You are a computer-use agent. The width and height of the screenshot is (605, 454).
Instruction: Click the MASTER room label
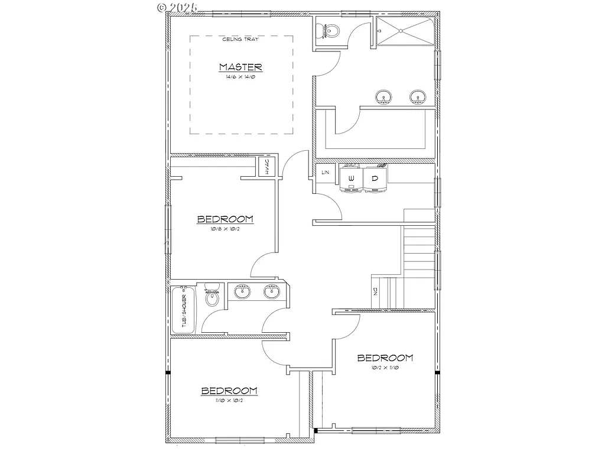coord(240,67)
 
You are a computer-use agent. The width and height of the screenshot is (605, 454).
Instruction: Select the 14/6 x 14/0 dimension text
coord(240,77)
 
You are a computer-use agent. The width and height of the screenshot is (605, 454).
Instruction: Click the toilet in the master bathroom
coord(328,30)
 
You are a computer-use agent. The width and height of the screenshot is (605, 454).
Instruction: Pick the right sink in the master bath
coord(418,96)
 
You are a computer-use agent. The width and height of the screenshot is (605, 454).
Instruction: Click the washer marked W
coord(351,178)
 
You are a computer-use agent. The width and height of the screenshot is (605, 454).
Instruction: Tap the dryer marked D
coord(374,178)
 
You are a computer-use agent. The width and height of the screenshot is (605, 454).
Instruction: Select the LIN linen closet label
coord(325,173)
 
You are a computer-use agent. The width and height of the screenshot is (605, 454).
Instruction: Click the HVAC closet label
coord(266,167)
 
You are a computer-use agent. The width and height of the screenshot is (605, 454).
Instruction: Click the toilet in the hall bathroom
coord(212,297)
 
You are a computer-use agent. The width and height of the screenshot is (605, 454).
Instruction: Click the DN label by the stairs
coord(375,291)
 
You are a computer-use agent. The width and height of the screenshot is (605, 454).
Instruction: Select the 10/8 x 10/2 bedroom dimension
coord(225,229)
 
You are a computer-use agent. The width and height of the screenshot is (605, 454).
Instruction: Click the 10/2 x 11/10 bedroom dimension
coord(385,368)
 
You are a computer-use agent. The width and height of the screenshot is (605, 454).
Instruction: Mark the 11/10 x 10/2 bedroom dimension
coord(229,400)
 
